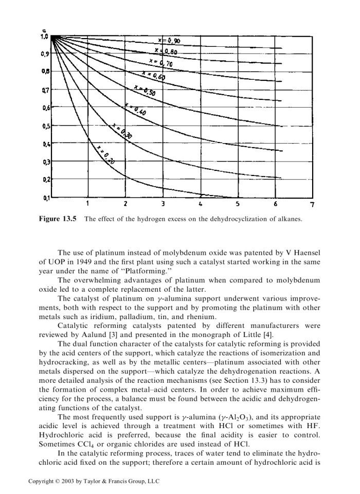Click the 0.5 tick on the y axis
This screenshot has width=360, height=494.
point(46,126)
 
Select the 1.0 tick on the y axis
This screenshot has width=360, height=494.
point(46,37)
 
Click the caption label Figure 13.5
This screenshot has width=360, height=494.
point(58,219)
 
